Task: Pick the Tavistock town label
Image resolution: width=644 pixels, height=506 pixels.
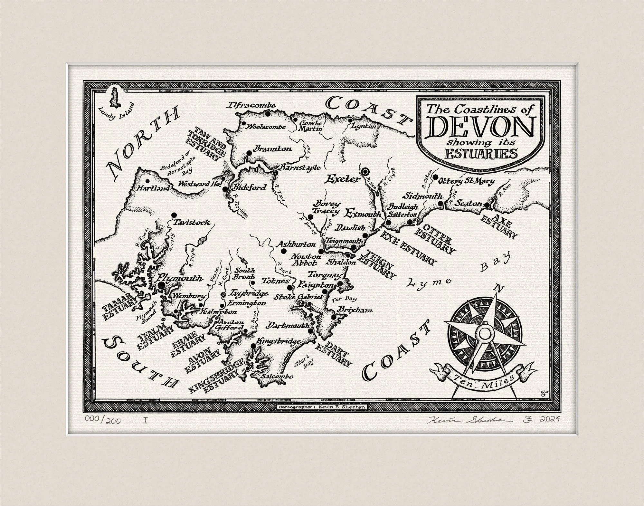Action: tap(192, 222)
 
